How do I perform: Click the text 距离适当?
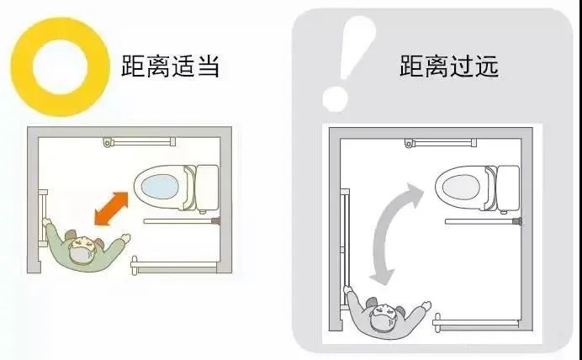coord(170,64)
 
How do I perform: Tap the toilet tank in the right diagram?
coord(508,186)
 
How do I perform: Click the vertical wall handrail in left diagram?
coord(42,217)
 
